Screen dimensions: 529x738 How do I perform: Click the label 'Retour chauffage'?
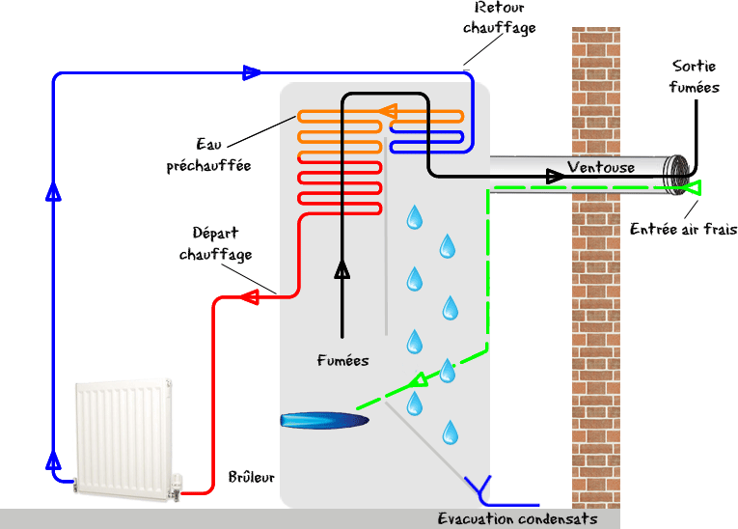tap(498, 19)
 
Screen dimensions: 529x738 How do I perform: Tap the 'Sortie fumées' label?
tap(695, 76)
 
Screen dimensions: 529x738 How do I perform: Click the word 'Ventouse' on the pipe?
tap(601, 168)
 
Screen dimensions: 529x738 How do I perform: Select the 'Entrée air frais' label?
tap(683, 230)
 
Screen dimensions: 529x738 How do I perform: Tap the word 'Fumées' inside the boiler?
tap(342, 361)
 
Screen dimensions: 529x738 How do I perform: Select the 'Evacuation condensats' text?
tap(517, 519)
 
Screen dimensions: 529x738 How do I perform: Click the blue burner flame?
tap(323, 420)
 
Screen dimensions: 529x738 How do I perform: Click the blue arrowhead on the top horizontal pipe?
tap(252, 72)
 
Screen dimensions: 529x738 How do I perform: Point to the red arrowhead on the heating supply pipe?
tap(249, 297)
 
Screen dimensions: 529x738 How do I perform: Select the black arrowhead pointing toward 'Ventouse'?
tap(556, 176)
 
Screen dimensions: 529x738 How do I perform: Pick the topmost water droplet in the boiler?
tap(414, 217)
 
